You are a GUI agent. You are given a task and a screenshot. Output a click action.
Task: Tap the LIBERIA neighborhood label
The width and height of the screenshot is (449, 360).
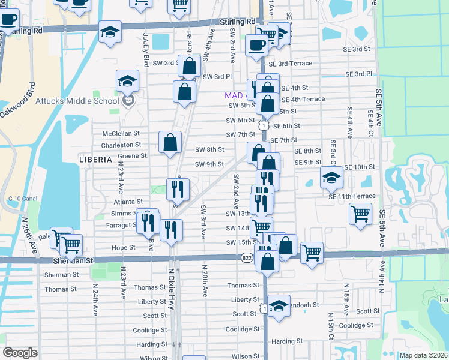coord(95,160)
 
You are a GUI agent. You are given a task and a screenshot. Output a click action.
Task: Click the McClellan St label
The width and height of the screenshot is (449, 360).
coord(121,133)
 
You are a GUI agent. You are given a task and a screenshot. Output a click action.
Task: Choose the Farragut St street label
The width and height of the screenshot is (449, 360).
coord(118,225)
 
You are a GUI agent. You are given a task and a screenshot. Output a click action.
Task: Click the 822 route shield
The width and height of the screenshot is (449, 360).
coord(247,258)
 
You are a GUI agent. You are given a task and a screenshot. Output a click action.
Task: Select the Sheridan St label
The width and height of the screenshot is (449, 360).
coord(73,261)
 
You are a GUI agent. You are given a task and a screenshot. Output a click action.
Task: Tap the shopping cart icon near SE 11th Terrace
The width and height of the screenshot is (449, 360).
coord(360,213)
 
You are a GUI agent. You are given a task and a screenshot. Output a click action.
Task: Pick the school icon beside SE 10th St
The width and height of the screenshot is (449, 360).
coord(331,177)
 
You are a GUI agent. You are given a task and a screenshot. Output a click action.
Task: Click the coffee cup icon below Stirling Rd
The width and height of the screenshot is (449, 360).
coord(256,44)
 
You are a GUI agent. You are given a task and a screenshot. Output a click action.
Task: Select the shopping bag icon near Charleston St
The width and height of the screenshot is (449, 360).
coord(170,142)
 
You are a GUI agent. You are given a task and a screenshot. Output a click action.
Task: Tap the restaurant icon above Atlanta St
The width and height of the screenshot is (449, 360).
coord(178,188)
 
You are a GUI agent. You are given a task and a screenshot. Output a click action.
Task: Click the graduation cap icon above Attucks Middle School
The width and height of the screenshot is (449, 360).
coord(127,81)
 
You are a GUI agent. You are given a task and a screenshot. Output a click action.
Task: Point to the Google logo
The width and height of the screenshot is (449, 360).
coord(20,353)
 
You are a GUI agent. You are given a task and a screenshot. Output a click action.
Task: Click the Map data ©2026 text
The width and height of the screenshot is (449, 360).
coord(423,355)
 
